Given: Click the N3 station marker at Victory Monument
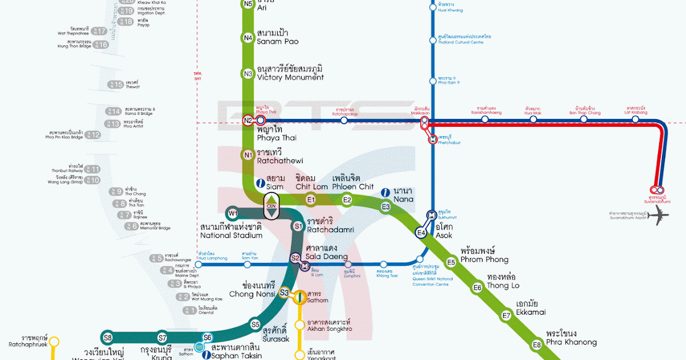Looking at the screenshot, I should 248,74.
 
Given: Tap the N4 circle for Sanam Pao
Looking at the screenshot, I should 248,38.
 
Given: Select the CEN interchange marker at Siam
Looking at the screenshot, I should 271,207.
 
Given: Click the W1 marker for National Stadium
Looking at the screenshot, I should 233,214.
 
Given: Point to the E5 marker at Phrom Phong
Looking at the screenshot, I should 451,262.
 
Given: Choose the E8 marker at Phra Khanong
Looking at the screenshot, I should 536,345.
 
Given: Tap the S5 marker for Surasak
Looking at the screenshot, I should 256,325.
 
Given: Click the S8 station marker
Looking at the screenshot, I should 108,337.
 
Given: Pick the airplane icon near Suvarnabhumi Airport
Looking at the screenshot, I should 660,215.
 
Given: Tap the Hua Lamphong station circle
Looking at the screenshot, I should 198,265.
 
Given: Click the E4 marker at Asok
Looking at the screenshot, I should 421,233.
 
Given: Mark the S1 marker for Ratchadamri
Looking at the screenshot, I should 298,226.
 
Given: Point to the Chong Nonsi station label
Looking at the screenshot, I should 252,290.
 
